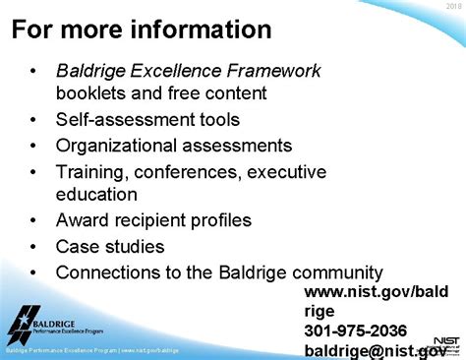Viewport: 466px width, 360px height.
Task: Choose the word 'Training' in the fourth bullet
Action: pos(93,171)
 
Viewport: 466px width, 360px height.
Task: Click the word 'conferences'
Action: pos(187,171)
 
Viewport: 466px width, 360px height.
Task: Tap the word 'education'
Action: pos(96,195)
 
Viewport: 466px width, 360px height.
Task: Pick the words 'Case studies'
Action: pos(109,246)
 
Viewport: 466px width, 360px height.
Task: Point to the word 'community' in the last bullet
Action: pos(334,271)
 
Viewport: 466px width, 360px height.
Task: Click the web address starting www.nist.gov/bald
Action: pos(377,292)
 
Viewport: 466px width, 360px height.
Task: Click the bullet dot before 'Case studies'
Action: pos(34,246)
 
